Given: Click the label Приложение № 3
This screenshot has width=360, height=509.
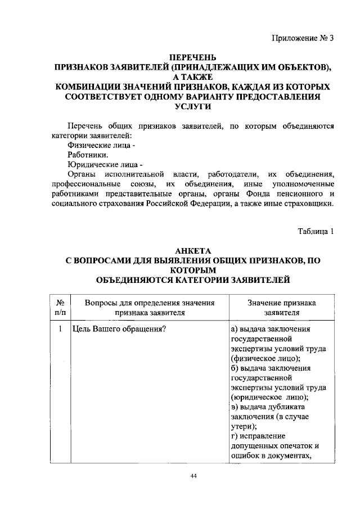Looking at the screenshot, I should [302, 39].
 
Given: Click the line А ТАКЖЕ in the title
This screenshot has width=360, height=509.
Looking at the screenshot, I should [193, 77].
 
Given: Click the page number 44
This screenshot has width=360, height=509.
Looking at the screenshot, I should [193, 476].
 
